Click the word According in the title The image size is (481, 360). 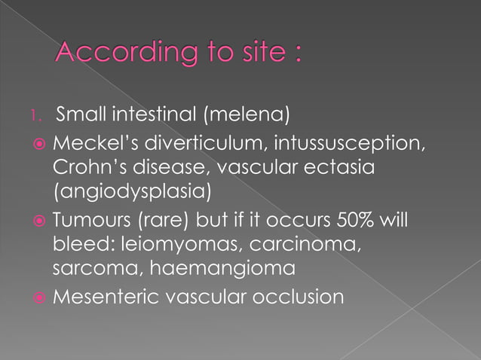click(x=112, y=53)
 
